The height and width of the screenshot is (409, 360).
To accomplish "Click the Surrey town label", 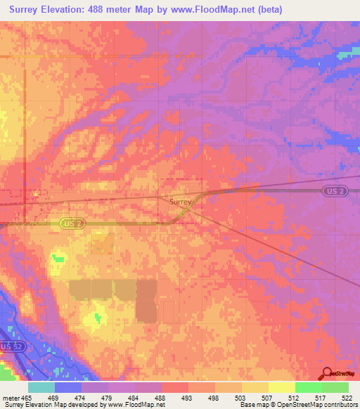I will tap(181, 201).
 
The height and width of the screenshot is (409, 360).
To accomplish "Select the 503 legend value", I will tap(249, 397).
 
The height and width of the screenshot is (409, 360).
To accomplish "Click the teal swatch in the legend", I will tap(41, 387).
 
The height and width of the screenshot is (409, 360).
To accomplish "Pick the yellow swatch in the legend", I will tap(281, 387).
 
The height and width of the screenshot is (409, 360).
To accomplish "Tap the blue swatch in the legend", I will tap(68, 387).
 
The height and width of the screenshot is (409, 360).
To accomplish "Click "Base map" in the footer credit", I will tap(252, 405).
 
